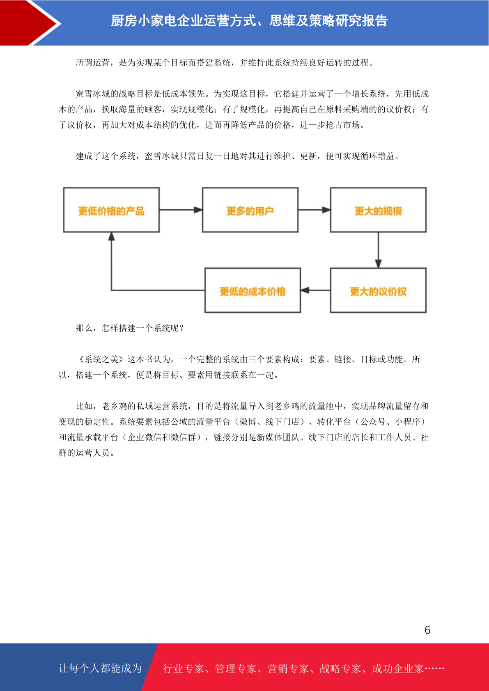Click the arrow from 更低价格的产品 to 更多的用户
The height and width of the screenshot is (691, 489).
[x=181, y=210]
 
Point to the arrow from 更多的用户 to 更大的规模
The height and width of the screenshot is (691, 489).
[x=314, y=210]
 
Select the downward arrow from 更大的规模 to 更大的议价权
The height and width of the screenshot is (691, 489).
[x=378, y=250]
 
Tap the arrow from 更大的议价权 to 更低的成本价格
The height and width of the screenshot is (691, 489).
[x=315, y=290]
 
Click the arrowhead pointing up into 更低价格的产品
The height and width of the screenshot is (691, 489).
[x=111, y=236]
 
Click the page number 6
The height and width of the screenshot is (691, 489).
[x=427, y=629]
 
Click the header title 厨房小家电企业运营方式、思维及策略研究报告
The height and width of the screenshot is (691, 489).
[x=249, y=21]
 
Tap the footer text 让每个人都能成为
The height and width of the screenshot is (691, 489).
[x=100, y=668]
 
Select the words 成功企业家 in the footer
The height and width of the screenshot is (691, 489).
[x=398, y=668]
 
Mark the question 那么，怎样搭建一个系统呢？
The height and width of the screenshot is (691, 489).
[x=130, y=328]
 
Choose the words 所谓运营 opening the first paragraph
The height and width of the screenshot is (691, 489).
[x=93, y=63]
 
